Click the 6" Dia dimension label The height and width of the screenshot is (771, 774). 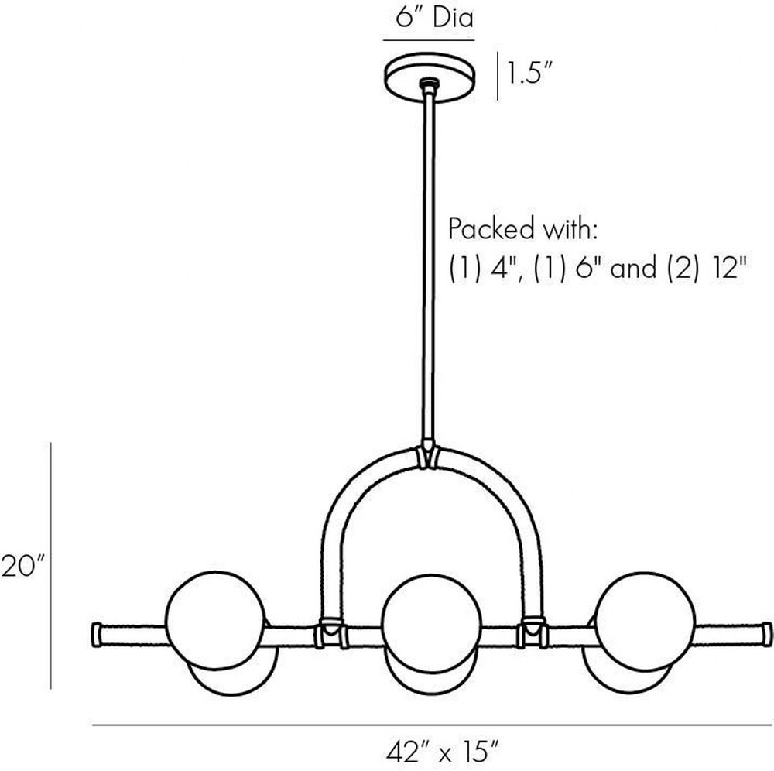tap(434, 18)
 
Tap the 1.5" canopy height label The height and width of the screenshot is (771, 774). tap(528, 74)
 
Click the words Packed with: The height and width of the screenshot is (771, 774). tap(522, 230)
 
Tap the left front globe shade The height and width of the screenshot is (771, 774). tap(215, 620)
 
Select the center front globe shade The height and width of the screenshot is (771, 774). tap(431, 623)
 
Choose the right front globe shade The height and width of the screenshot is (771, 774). tap(646, 622)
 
